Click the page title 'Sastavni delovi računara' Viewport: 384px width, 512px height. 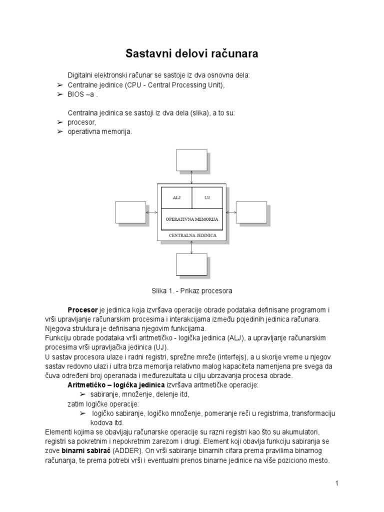coord(191,52)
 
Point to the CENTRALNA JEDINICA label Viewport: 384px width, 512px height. coord(191,234)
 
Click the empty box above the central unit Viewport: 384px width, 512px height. coord(191,160)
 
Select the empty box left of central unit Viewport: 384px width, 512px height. coord(130,211)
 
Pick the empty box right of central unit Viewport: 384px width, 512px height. coord(251,211)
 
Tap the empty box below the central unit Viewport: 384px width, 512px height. coord(191,264)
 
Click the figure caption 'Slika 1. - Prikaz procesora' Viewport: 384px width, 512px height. coord(191,290)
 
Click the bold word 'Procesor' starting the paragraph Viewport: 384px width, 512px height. coord(83,310)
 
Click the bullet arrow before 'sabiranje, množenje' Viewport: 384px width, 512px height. coord(83,394)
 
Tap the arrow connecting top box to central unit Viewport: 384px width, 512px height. coord(191,177)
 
